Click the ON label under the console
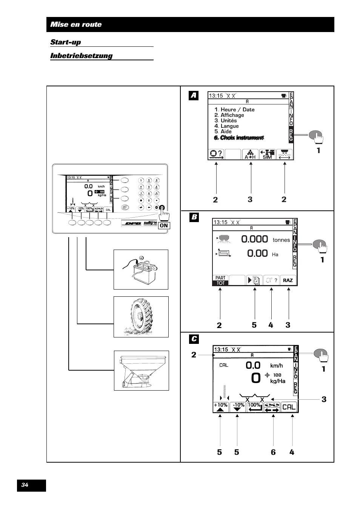pyautogui.click(x=164, y=225)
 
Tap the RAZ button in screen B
pyautogui.click(x=288, y=280)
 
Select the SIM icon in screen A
pyautogui.click(x=267, y=155)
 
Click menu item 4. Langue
pyautogui.click(x=226, y=126)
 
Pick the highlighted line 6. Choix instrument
pyautogui.click(x=238, y=138)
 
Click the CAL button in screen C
pyautogui.click(x=289, y=407)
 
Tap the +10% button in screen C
pyautogui.click(x=221, y=407)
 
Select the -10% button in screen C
pyautogui.click(x=238, y=407)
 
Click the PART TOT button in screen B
pyautogui.click(x=221, y=280)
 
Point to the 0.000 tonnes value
pyautogui.click(x=254, y=239)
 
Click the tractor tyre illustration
pyautogui.click(x=141, y=317)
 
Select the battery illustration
pyautogui.click(x=141, y=270)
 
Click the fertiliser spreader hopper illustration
pyautogui.click(x=141, y=371)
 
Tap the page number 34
pyautogui.click(x=25, y=485)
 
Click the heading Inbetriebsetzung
pyautogui.click(x=82, y=56)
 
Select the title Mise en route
pyautogui.click(x=76, y=25)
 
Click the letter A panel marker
pyautogui.click(x=194, y=96)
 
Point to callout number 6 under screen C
pyautogui.click(x=273, y=452)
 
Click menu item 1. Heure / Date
pyautogui.click(x=234, y=109)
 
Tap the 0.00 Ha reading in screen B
pyautogui.click(x=258, y=254)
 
